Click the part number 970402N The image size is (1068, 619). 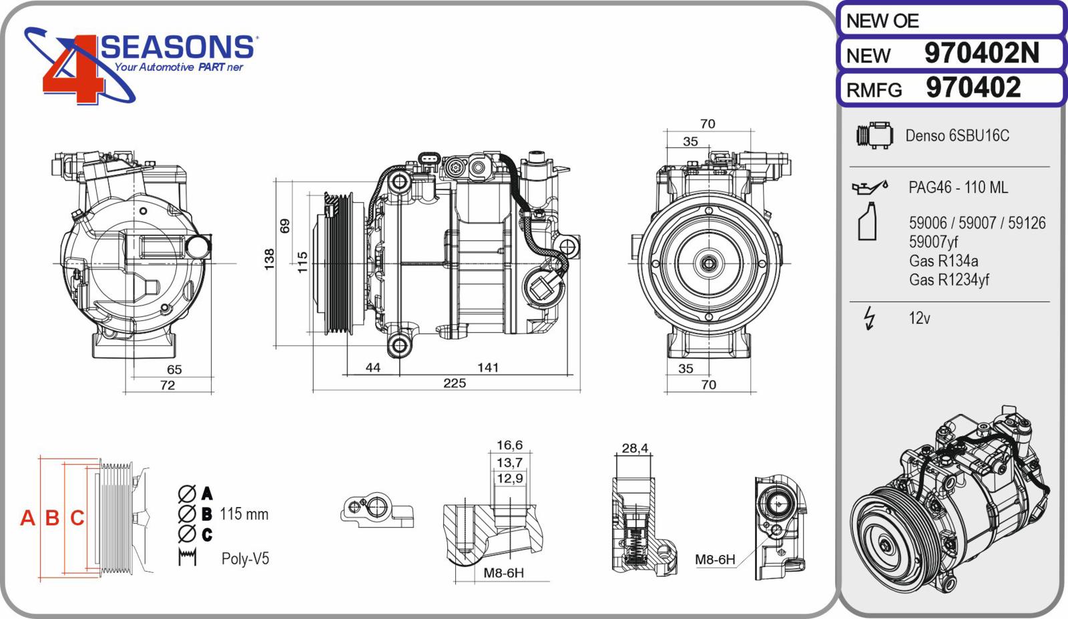[x=982, y=53]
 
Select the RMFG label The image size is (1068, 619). [x=874, y=90]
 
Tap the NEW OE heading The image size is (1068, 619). [x=882, y=21]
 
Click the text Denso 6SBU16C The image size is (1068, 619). [x=957, y=136]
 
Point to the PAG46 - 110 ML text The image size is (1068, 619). [x=959, y=187]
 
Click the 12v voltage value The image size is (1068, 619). [x=919, y=318]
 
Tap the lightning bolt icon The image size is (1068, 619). [x=870, y=318]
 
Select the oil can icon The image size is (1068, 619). [x=870, y=187]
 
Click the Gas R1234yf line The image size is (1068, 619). [x=949, y=279]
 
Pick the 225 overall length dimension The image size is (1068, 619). [x=455, y=383]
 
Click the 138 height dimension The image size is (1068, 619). [x=270, y=259]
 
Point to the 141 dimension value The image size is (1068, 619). [x=488, y=368]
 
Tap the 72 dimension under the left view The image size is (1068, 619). [x=168, y=385]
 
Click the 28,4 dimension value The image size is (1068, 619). [x=635, y=448]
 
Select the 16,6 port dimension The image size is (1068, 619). [x=509, y=445]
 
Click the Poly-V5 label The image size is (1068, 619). [x=245, y=558]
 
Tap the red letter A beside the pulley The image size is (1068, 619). [x=27, y=518]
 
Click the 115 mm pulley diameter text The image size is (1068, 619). [x=244, y=514]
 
